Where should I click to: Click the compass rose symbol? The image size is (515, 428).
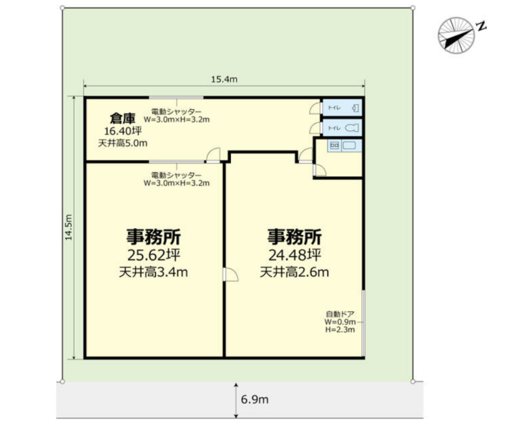[x=456, y=35]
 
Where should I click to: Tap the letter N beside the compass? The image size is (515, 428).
[x=481, y=26]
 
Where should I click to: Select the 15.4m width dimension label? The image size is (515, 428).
[x=224, y=79]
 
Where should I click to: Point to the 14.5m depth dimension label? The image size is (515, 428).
[x=69, y=227]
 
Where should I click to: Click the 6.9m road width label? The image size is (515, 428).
[x=255, y=399]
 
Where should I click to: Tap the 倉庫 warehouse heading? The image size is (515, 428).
[x=122, y=118]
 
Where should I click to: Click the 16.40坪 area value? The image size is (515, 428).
[x=123, y=131]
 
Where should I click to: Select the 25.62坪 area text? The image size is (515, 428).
[x=154, y=255]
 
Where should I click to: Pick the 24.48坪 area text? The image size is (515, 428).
[x=295, y=255]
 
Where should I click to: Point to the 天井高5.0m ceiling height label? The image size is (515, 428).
[x=122, y=143]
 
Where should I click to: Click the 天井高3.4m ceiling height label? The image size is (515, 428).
[x=153, y=272]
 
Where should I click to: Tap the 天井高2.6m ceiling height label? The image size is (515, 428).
[x=295, y=272]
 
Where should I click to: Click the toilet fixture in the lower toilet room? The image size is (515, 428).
[x=351, y=128]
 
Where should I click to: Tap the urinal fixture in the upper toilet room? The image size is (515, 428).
[x=355, y=108]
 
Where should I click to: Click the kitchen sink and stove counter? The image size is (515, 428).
[x=344, y=145]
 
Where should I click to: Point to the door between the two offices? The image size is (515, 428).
[x=230, y=274]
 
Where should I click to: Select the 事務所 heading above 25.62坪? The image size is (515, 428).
[x=154, y=237]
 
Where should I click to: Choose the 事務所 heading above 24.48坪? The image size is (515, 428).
[x=295, y=237]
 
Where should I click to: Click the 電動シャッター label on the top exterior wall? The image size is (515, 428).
[x=177, y=112]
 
